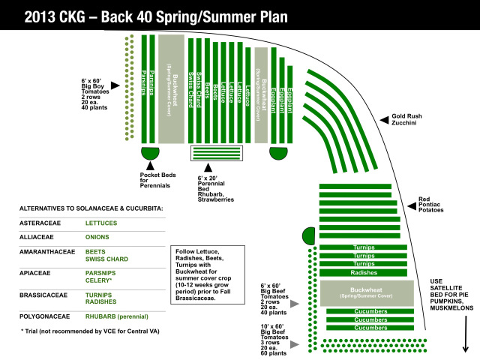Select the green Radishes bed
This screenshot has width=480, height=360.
click(363, 272)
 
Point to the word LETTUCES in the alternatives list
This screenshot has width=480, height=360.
click(104, 223)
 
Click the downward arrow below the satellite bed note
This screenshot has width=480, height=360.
click(466, 337)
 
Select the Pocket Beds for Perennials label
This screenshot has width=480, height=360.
click(157, 180)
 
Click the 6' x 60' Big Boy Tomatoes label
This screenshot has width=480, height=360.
click(94, 94)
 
